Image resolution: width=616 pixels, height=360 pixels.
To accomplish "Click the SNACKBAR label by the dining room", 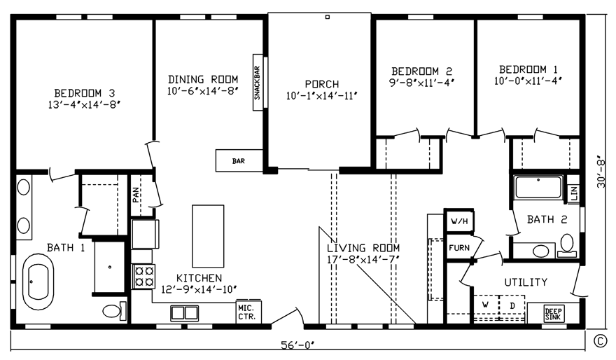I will tap(257, 83).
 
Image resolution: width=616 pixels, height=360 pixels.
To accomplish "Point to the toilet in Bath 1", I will tap(114, 310).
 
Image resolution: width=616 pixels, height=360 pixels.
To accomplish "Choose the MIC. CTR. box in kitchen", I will tap(246, 312).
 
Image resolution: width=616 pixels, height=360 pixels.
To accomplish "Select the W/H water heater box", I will tap(459, 221).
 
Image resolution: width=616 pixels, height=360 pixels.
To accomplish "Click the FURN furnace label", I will tap(459, 248).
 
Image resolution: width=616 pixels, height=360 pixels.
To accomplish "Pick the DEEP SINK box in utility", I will tap(553, 314).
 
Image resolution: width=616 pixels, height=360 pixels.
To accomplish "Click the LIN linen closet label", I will tap(573, 192).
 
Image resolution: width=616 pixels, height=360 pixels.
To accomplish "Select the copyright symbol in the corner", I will tap(599, 341).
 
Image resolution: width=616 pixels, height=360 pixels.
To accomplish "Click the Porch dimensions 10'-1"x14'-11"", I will tap(322, 95).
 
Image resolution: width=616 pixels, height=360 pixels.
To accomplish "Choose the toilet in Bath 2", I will tap(566, 244).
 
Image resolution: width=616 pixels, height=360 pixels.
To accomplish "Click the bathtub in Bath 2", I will tap(538, 188).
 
